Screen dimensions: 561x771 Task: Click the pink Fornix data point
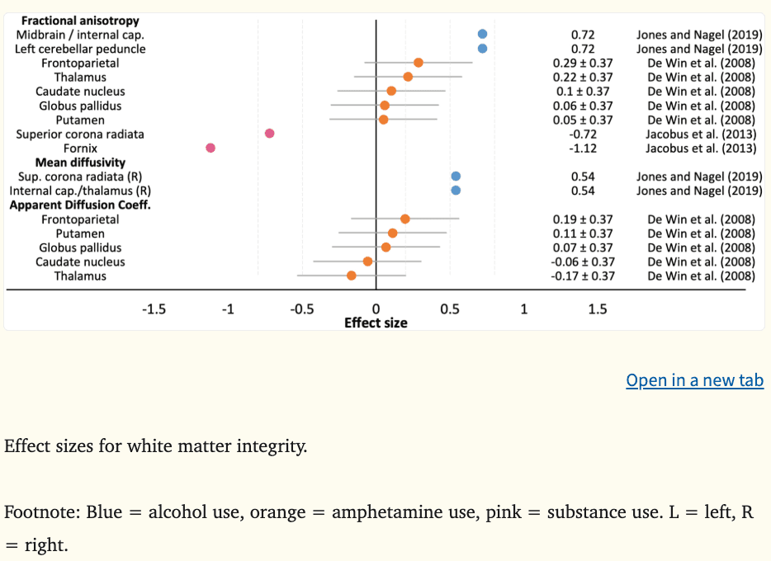(x=210, y=148)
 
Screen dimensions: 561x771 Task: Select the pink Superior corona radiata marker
(x=270, y=134)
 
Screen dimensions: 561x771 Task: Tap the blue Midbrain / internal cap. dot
(x=482, y=34)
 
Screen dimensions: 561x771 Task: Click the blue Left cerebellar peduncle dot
(x=482, y=49)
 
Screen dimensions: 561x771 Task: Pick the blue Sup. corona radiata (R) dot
(x=456, y=177)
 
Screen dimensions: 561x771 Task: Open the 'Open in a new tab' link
(x=694, y=380)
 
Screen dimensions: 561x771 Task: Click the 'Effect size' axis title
(x=376, y=323)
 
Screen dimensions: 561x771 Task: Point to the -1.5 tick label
(x=154, y=309)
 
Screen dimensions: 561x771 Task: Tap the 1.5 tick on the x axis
(x=598, y=309)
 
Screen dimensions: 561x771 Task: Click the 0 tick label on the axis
(x=376, y=309)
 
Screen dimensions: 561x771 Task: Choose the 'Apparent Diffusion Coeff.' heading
(x=80, y=205)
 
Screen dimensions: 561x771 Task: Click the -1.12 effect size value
(x=583, y=148)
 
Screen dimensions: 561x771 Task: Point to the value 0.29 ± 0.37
(x=583, y=64)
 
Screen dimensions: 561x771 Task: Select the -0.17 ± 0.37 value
(x=583, y=276)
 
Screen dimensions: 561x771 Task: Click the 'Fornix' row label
(x=80, y=148)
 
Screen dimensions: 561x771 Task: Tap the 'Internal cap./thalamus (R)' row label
(x=80, y=191)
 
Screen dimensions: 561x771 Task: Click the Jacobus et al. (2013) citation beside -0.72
(x=701, y=134)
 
